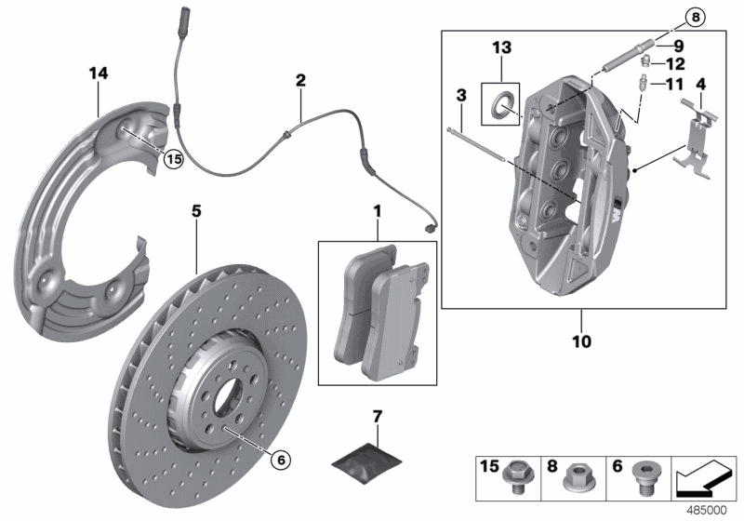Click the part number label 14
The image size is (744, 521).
pyautogui.click(x=98, y=73)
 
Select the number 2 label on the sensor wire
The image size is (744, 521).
pyautogui.click(x=300, y=81)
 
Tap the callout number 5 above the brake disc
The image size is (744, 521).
pyautogui.click(x=196, y=212)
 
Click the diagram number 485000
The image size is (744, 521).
pyautogui.click(x=708, y=510)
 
